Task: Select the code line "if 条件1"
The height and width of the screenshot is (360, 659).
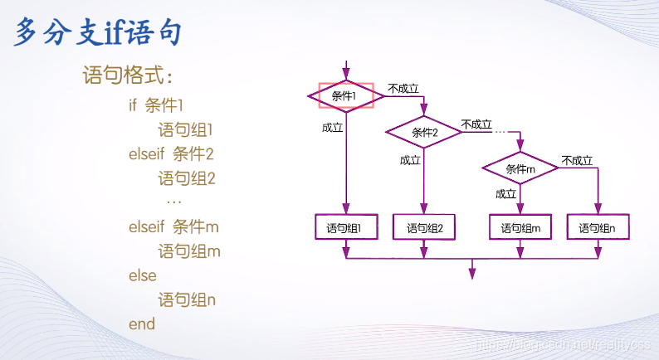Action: [x=155, y=105]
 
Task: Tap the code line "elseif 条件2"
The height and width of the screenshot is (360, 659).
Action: [x=171, y=153]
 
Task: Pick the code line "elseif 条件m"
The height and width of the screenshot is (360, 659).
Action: [x=173, y=226]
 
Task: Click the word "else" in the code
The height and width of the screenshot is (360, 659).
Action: [x=142, y=275]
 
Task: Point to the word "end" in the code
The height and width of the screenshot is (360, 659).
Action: [x=142, y=324]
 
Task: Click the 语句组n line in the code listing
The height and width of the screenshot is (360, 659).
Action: [x=187, y=299]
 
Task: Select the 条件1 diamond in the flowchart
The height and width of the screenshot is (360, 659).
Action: [x=345, y=95]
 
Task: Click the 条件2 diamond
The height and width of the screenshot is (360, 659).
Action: [x=424, y=132]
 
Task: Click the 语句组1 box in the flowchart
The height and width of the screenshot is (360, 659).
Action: [x=345, y=228]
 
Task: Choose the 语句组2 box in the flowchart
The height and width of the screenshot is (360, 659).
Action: [x=424, y=228]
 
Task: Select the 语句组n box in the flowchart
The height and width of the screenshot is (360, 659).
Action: [x=597, y=228]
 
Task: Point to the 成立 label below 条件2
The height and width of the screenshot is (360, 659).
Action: [x=410, y=160]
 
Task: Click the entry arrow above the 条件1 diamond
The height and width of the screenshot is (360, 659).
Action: [x=345, y=70]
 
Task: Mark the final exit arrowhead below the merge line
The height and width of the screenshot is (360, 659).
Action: [x=471, y=272]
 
